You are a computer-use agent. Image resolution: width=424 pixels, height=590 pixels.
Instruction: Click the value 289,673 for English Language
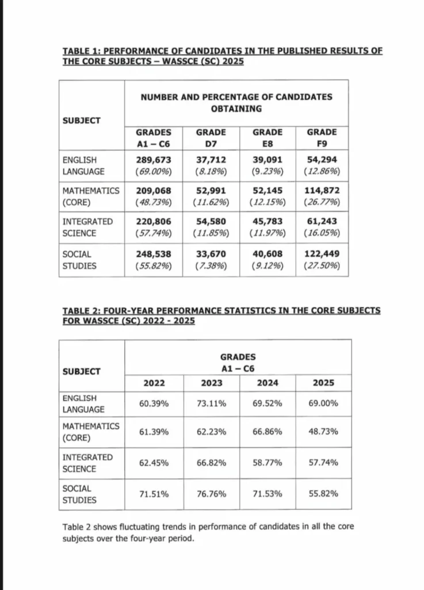[x=153, y=160]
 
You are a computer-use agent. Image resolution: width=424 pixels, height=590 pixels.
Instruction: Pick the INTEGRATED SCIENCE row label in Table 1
[x=80, y=227]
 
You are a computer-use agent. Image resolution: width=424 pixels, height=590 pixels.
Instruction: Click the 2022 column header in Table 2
[x=154, y=383]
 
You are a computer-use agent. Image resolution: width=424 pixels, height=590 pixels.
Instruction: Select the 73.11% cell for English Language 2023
[x=211, y=404]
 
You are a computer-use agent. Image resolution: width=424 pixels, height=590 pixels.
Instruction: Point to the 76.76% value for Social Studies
[x=211, y=494]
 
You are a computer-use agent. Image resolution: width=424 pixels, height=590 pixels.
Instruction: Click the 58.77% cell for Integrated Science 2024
[x=267, y=463]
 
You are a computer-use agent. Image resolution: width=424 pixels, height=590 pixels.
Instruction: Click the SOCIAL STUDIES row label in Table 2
[x=79, y=494]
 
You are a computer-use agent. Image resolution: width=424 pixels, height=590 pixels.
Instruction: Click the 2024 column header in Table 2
[x=267, y=383]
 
